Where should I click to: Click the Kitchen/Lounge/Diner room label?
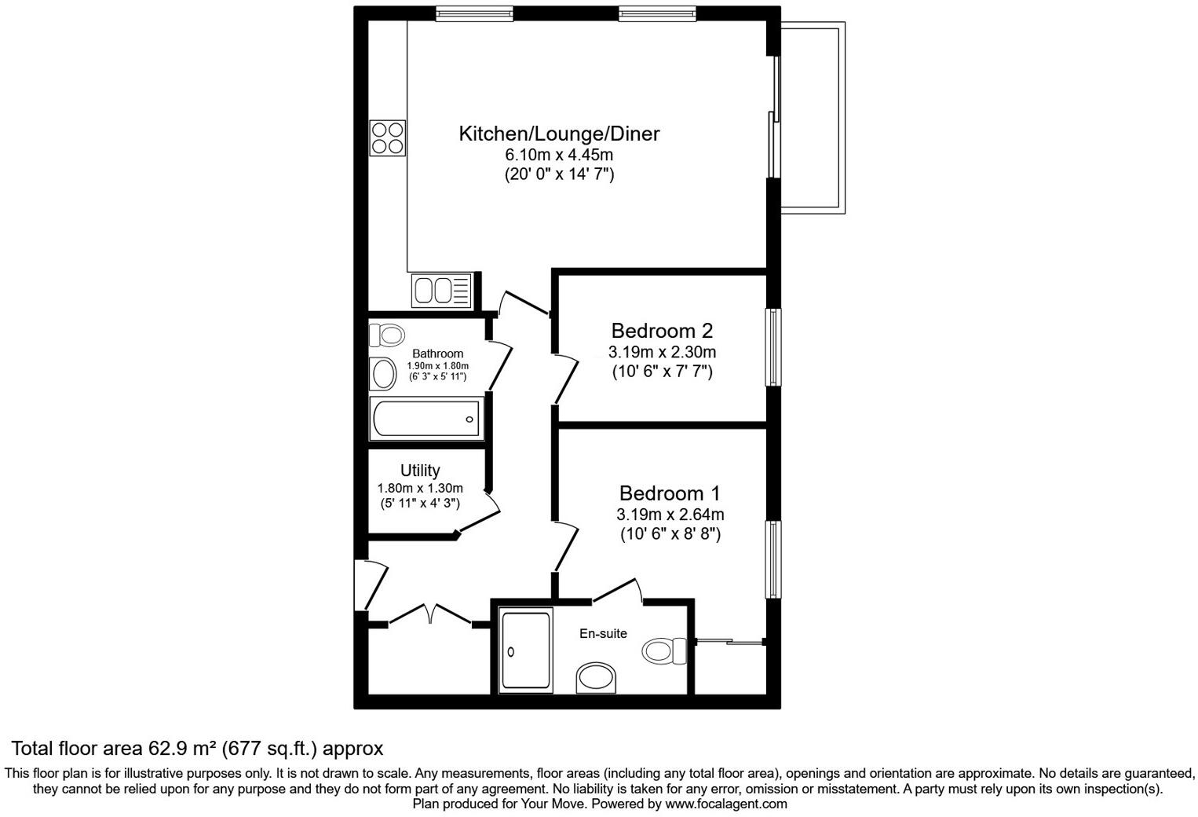tap(559, 134)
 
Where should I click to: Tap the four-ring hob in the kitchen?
tap(388, 137)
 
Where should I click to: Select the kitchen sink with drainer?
tap(440, 291)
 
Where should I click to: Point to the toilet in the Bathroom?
tap(386, 335)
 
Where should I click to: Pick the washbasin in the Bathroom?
tap(384, 372)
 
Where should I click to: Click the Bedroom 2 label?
tap(662, 330)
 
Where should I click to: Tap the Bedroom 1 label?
tap(670, 493)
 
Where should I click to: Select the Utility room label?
tap(420, 471)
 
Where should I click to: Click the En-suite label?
tap(603, 633)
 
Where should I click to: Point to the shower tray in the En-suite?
tap(526, 650)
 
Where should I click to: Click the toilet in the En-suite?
tap(663, 650)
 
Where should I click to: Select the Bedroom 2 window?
tap(774, 346)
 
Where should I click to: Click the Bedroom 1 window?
tap(774, 559)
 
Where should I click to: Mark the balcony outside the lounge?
tap(813, 118)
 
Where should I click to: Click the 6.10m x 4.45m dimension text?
tap(559, 155)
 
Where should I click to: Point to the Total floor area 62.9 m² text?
tap(197, 748)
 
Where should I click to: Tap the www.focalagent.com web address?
tap(725, 804)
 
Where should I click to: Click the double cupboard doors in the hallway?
tap(430, 614)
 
